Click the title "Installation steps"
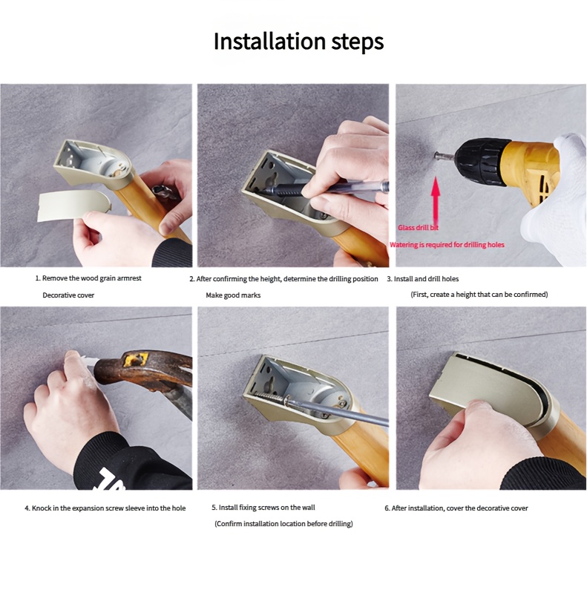click(x=299, y=42)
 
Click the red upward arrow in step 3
click(x=436, y=201)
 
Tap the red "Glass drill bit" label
click(x=418, y=228)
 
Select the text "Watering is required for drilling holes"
click(x=447, y=245)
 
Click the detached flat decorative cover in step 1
click(x=73, y=206)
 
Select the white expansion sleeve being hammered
click(x=90, y=361)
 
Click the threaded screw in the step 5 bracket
click(x=269, y=396)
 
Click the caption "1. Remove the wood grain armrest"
click(x=88, y=278)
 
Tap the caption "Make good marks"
click(x=233, y=295)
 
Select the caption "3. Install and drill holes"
click(x=422, y=279)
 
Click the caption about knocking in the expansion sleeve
click(x=105, y=508)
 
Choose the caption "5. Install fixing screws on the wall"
click(x=263, y=508)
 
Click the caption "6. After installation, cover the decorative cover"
click(x=456, y=508)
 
